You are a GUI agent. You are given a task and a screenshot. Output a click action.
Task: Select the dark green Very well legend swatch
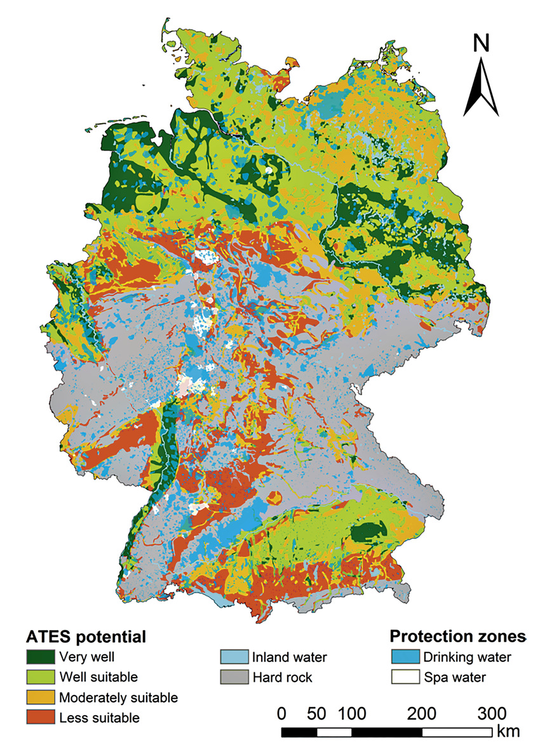pos(39,657)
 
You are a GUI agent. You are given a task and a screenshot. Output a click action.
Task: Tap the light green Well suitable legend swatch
pos(39,677)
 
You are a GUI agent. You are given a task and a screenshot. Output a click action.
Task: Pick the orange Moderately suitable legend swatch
pos(39,697)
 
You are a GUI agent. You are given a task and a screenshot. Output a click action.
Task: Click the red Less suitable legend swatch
pos(39,718)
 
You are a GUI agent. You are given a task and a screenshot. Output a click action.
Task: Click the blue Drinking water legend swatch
pos(404,657)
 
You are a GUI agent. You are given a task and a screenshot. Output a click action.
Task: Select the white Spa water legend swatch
pos(404,677)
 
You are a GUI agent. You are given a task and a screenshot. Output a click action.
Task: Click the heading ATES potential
pos(86,636)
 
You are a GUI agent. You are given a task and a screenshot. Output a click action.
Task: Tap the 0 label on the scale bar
pos(282,713)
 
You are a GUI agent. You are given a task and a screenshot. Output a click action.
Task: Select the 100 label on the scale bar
pos(351,713)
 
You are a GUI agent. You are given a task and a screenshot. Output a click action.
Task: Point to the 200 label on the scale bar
pos(421,713)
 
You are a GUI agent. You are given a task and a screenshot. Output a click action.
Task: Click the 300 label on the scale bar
pos(490,713)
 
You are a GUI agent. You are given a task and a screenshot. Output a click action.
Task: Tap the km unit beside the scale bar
pos(508,731)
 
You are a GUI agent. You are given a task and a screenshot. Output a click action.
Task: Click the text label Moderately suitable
pos(118,697)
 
